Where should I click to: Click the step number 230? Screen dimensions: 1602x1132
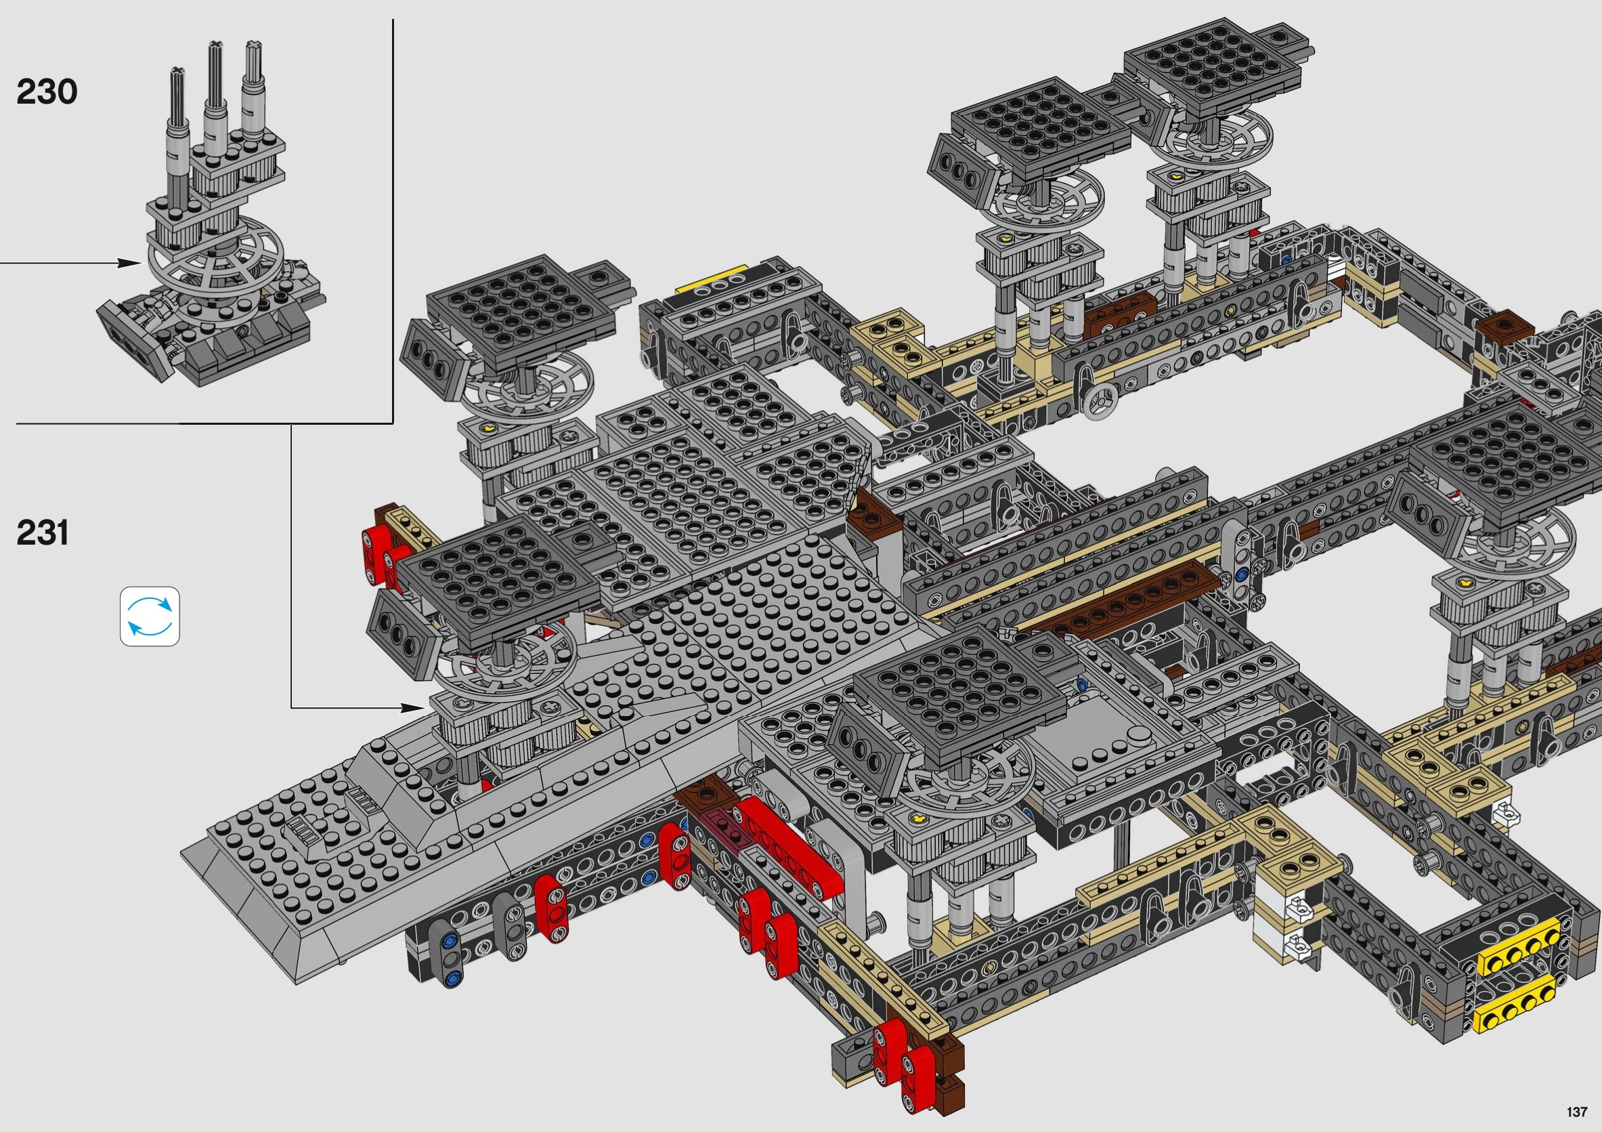coord(47,92)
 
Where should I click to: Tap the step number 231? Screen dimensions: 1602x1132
coord(43,533)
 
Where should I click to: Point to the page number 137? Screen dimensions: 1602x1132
coord(1576,1112)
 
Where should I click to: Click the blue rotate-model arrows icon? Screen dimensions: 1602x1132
coord(150,616)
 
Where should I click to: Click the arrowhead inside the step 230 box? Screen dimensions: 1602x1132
coord(129,263)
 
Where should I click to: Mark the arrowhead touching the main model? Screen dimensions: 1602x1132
coord(412,708)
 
